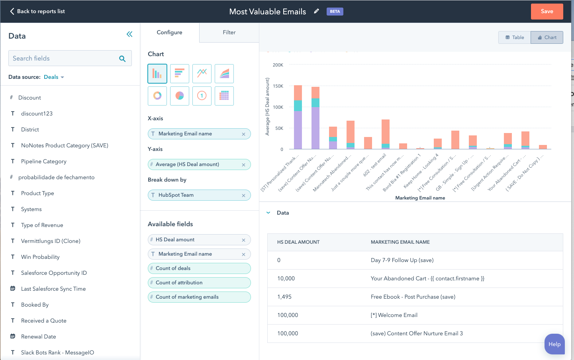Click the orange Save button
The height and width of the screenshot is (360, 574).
tap(547, 12)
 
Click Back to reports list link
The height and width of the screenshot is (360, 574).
tap(37, 12)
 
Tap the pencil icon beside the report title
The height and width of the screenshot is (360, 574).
tap(316, 12)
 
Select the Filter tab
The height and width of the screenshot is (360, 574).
tap(229, 33)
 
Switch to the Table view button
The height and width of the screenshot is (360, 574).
tap(515, 37)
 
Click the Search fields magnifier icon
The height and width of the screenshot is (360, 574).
tap(122, 59)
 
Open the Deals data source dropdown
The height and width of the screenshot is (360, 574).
tap(54, 77)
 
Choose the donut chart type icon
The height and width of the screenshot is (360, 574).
tap(157, 96)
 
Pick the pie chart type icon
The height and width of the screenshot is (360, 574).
tap(180, 96)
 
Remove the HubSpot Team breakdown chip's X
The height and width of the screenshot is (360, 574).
tap(243, 196)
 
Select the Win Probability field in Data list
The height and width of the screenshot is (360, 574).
tap(40, 257)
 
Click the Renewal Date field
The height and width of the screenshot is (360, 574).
tap(38, 337)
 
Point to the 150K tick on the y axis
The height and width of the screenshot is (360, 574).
tap(278, 86)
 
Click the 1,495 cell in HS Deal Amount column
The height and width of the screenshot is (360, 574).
tap(284, 297)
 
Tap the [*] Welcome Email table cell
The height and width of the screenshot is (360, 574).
tap(394, 315)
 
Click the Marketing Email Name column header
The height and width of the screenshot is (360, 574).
tap(400, 242)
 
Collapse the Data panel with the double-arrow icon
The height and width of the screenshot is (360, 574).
tap(129, 34)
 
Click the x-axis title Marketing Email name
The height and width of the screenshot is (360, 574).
tap(420, 198)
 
